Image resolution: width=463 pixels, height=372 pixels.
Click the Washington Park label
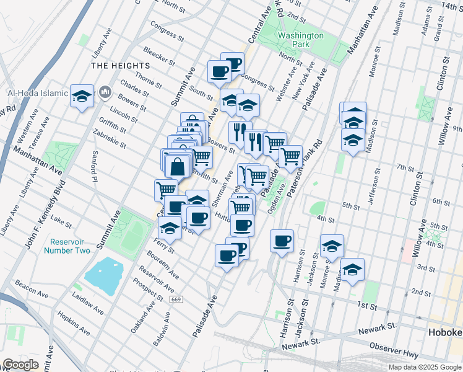pos(300,40)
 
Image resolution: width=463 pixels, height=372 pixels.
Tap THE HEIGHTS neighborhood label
pos(121,66)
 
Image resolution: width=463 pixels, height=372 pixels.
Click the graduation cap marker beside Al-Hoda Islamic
pos(82,96)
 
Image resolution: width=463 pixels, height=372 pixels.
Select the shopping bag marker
pos(178,166)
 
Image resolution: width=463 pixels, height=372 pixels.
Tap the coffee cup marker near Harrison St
pos(282,240)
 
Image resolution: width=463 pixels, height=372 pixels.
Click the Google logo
pos(20,365)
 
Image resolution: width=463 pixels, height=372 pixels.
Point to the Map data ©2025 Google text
pos(425,367)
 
